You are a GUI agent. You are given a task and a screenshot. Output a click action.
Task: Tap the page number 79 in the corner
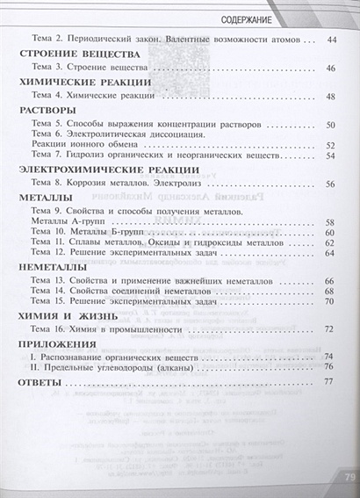coord(342,477)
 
